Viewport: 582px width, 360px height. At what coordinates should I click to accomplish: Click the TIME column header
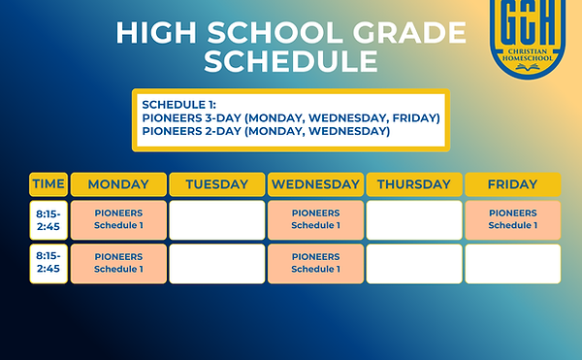[48, 184]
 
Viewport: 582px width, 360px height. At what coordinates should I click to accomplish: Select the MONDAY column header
[118, 184]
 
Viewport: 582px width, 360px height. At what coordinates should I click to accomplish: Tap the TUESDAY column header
[216, 184]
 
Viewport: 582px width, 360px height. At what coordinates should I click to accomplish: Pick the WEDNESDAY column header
[315, 184]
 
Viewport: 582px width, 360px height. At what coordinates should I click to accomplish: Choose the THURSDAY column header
[414, 184]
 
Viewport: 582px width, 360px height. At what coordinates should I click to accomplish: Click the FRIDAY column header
[512, 184]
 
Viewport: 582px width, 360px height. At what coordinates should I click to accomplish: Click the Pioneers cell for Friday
[512, 219]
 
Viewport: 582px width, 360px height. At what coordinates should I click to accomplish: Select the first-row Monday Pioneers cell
[118, 219]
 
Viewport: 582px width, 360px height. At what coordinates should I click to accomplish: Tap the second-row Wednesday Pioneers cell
[315, 263]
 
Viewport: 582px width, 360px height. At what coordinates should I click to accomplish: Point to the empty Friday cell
[512, 263]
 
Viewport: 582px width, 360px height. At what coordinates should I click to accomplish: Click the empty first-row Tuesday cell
[216, 219]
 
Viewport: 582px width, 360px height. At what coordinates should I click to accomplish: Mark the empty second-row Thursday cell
[414, 263]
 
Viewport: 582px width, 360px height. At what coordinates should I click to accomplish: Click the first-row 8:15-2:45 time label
[48, 219]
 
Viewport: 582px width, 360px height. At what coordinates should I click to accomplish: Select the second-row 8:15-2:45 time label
[48, 263]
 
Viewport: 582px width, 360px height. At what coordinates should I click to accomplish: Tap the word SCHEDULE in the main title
[290, 62]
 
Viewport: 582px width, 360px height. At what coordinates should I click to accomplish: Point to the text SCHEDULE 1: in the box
[180, 104]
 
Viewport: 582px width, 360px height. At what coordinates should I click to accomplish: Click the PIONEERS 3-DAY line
[291, 117]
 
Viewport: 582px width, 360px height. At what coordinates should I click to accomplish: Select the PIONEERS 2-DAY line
[266, 131]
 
